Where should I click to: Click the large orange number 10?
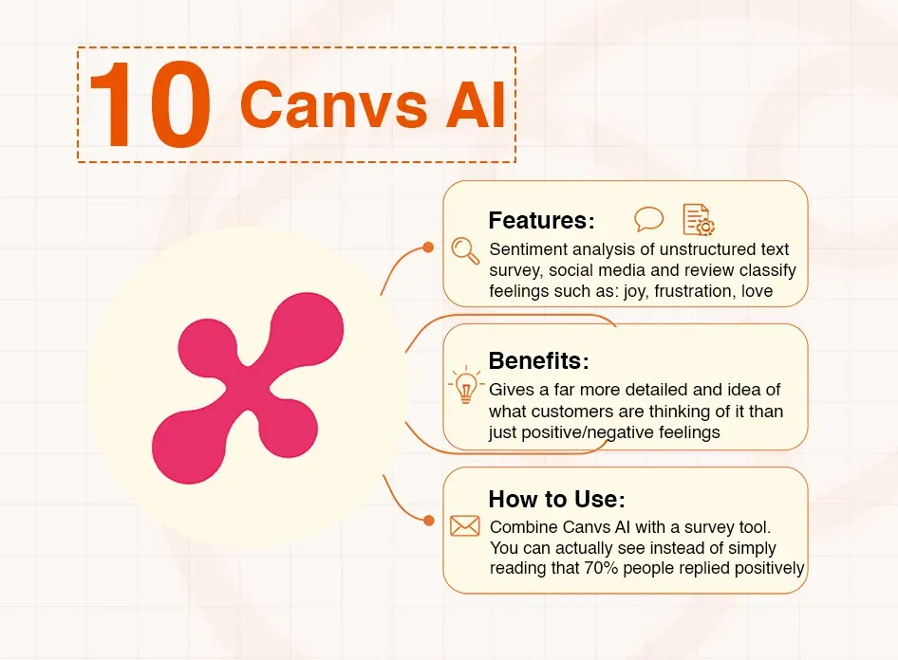tap(149, 106)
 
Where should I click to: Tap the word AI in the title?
tap(475, 105)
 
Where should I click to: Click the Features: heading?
tap(541, 221)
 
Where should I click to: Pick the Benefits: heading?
tap(538, 361)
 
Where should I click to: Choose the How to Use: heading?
tap(556, 500)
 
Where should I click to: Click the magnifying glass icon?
tap(465, 249)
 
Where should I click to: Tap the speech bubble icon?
tap(649, 220)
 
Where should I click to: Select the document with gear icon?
tap(699, 220)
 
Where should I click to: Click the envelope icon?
tap(465, 525)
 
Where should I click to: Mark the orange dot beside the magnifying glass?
tap(428, 247)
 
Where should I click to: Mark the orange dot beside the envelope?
tap(428, 521)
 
